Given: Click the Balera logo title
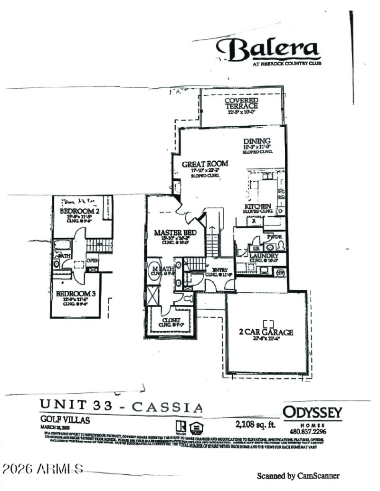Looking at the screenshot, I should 267,49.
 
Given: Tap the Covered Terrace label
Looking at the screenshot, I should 241,103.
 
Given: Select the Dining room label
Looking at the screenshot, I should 257,141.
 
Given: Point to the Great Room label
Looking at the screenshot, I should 205,164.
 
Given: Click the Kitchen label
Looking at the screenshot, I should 258,207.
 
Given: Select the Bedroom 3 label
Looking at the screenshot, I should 76,294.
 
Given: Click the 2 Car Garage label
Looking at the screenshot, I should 266,332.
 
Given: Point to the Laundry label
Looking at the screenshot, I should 264,256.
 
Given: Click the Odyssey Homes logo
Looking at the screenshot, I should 312,412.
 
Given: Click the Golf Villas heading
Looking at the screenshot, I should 65,420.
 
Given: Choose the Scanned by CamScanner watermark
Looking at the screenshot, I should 298,475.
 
